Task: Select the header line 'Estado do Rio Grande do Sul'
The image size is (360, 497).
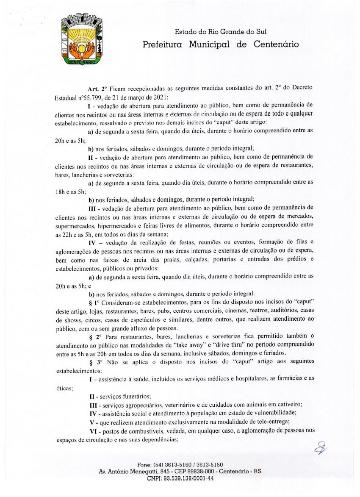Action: click(x=221, y=31)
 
